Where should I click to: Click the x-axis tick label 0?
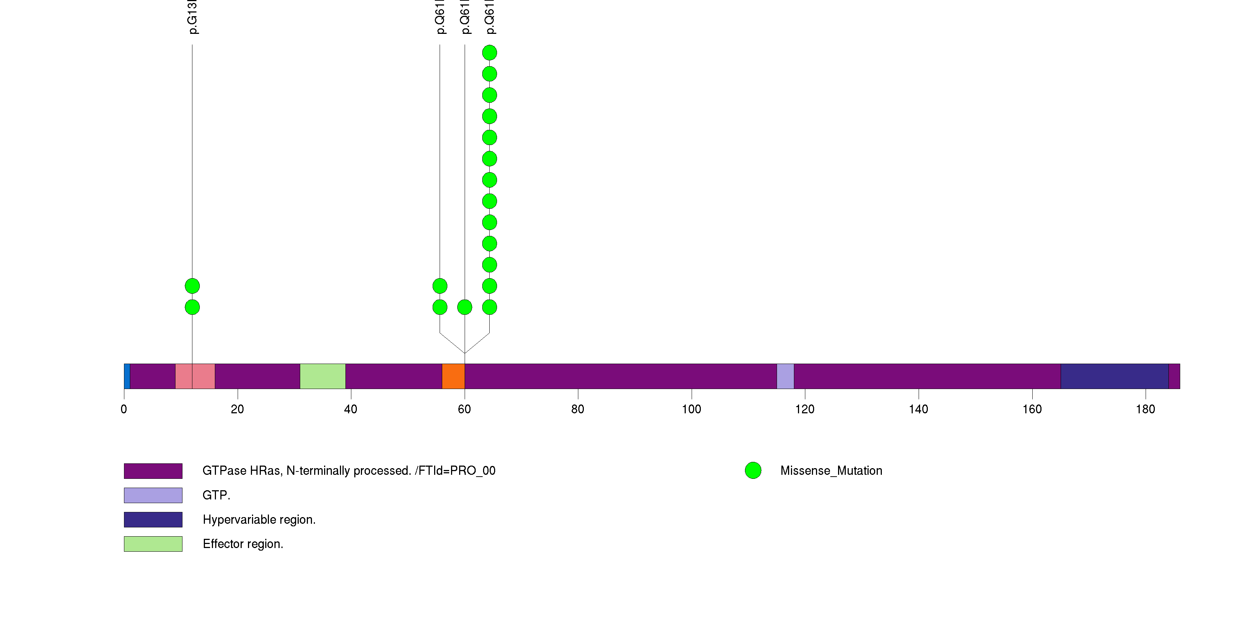point(124,409)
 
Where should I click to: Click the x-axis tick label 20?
point(237,409)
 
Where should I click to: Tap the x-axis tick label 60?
point(464,409)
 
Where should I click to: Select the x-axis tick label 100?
point(691,409)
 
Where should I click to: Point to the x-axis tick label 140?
point(919,409)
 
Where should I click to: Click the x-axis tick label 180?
point(1146,409)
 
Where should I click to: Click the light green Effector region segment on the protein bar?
point(323,376)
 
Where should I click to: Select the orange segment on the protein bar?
point(453,376)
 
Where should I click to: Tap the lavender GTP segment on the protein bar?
point(785,376)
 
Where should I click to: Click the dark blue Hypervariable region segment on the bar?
point(1114,376)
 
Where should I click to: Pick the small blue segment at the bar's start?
point(127,376)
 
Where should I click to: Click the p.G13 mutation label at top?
point(192,17)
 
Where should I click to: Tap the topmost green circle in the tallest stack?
point(489,53)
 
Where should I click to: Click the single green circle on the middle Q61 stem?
point(465,307)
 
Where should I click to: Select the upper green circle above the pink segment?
point(192,286)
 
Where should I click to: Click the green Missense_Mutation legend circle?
point(753,471)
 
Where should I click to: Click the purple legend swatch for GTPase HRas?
point(153,471)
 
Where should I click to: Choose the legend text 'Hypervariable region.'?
point(259,520)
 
